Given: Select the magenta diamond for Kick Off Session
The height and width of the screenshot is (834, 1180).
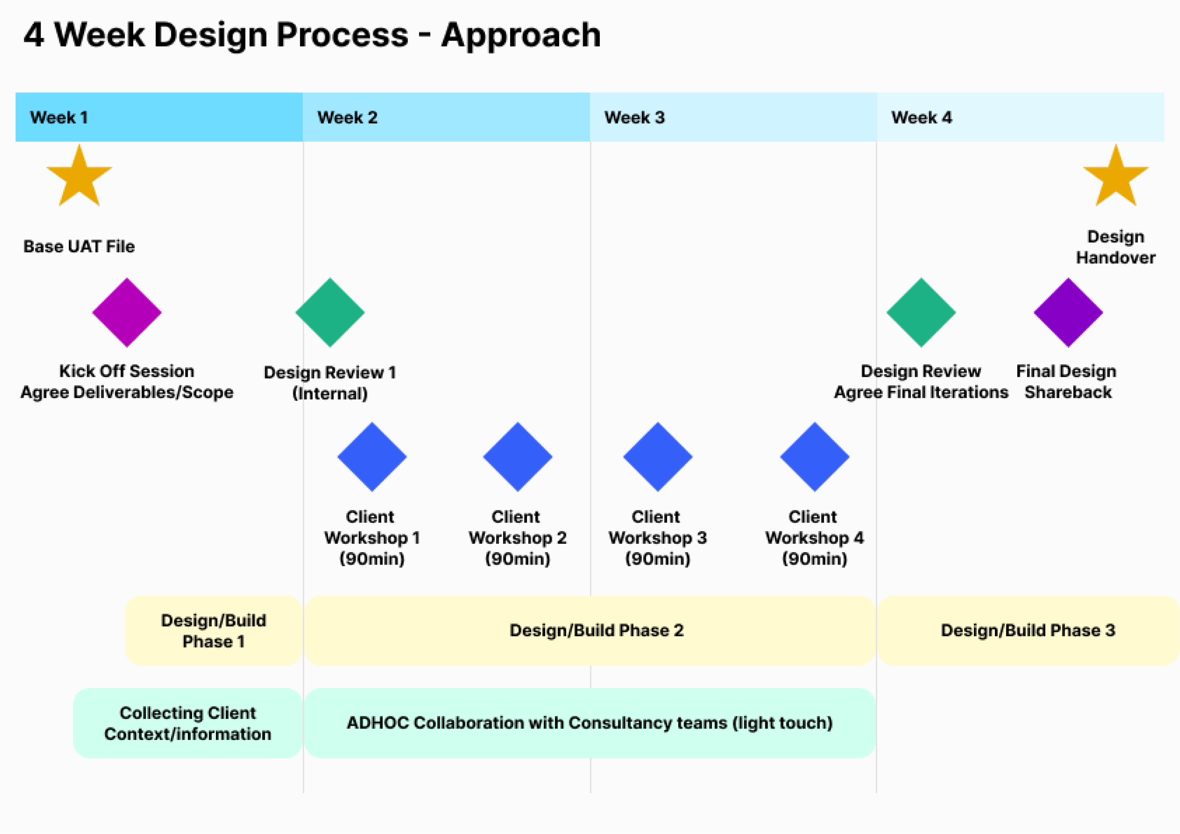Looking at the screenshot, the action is (x=127, y=312).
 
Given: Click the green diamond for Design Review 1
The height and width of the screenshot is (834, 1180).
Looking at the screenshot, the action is (x=330, y=312).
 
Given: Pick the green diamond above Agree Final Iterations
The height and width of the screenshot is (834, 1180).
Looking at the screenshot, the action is (x=921, y=312).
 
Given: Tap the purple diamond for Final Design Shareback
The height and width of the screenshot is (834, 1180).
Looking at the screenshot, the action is (x=1069, y=312).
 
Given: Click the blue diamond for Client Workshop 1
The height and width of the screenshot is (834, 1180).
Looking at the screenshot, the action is (x=372, y=457).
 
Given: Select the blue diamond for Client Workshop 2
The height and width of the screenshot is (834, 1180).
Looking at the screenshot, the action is (x=517, y=457).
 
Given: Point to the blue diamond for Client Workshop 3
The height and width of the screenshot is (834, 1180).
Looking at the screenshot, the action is (x=658, y=457).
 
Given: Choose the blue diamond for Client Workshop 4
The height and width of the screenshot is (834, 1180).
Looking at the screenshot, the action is (x=815, y=457).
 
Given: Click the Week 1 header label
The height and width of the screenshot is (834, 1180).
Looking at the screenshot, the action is (x=59, y=118).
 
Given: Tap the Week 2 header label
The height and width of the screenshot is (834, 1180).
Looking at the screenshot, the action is (x=347, y=118).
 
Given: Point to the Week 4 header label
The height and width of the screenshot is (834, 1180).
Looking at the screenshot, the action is (x=921, y=118).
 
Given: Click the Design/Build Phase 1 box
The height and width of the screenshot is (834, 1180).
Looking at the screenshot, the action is (x=214, y=630).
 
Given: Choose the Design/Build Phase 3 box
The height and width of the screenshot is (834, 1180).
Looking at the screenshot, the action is (x=1028, y=630).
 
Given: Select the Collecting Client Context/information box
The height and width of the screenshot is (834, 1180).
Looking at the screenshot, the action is (x=187, y=723).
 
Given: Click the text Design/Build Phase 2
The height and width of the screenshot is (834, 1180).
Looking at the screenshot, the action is (x=597, y=630).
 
